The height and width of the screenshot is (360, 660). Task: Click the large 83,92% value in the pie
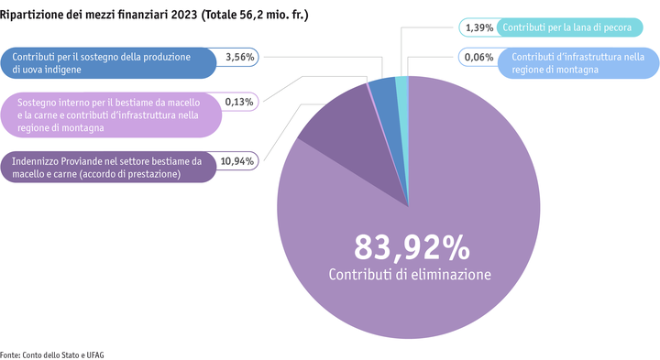pyautogui.click(x=412, y=247)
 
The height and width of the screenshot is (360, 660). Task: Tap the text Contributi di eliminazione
pyautogui.click(x=412, y=275)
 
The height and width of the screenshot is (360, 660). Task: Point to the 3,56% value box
pyautogui.click(x=240, y=57)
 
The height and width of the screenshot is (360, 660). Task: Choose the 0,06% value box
pyautogui.click(x=478, y=57)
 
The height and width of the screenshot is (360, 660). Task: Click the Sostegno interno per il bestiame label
pyautogui.click(x=110, y=115)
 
